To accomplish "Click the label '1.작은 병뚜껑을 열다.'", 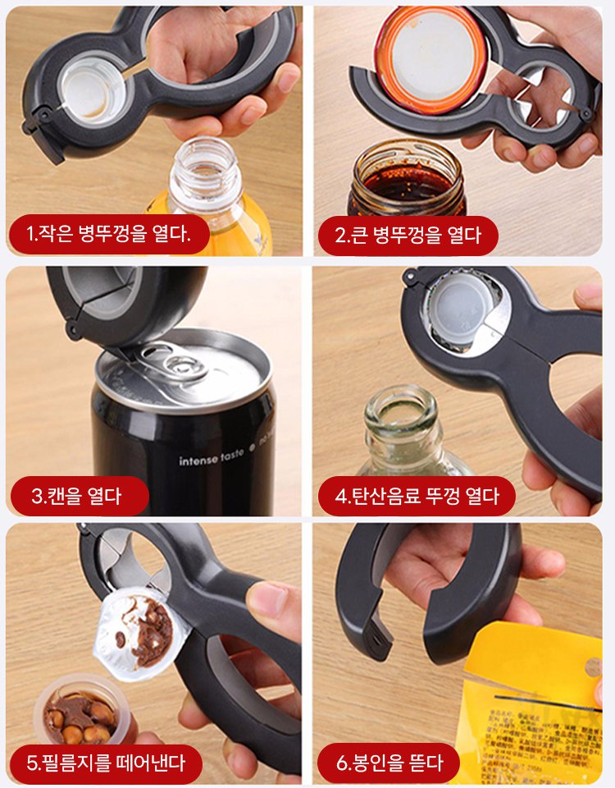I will coord(108,235).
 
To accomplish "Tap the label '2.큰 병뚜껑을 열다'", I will coord(408,236).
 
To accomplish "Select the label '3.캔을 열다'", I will coord(78,496).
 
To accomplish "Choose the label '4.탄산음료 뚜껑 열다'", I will coord(417,496).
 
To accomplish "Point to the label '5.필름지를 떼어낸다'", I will coord(106,763).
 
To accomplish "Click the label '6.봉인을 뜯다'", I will coord(389,763).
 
